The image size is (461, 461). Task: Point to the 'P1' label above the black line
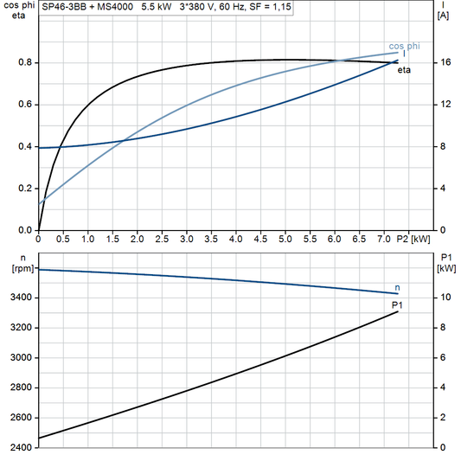point(398,305)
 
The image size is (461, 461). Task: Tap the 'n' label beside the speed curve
point(397,287)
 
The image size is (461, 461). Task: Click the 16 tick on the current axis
point(444,63)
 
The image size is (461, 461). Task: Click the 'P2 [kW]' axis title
point(413,238)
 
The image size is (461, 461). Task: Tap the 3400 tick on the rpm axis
point(22,298)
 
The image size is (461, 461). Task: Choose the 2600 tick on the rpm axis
point(22,418)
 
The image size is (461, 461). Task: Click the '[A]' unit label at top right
point(443,16)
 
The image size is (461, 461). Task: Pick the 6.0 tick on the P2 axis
point(335,238)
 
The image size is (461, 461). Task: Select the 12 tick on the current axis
point(444,105)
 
